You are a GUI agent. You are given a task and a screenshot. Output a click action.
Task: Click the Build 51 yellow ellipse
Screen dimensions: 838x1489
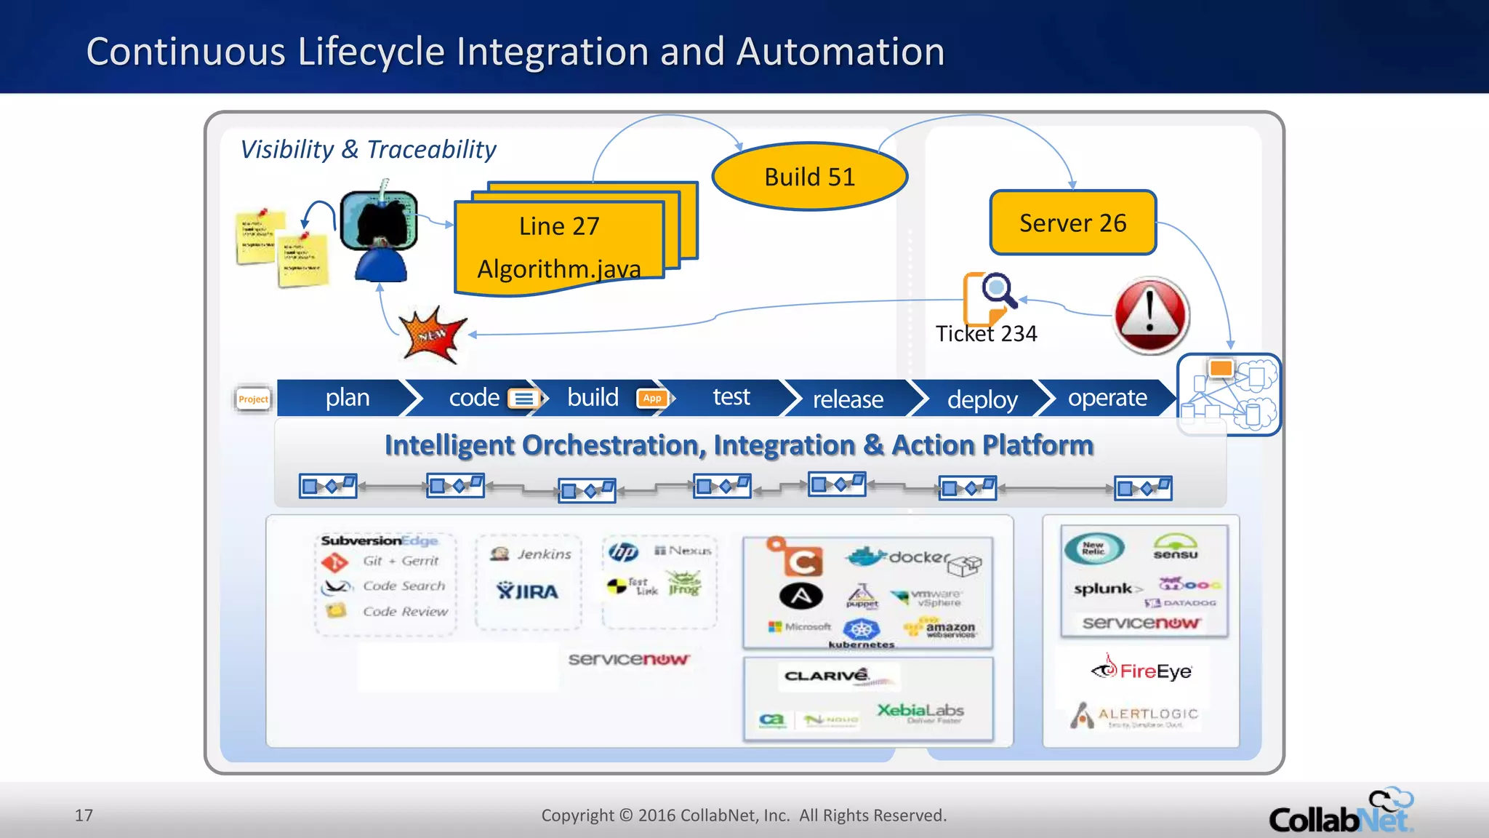point(809,177)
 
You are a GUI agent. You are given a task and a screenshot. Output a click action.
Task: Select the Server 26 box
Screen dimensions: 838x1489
point(1072,223)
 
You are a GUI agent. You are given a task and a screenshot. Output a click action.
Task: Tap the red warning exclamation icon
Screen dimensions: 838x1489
point(1151,315)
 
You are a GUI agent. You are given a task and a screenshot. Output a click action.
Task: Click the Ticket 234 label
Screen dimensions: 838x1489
point(986,334)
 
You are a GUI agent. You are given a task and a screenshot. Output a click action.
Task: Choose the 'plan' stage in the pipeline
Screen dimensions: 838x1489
point(348,398)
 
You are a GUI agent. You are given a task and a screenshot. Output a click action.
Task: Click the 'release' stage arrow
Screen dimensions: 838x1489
point(848,399)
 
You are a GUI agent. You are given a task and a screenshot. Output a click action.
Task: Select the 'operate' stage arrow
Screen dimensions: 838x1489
point(1107,398)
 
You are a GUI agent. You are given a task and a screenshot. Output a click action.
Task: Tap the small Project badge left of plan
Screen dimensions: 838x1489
point(253,399)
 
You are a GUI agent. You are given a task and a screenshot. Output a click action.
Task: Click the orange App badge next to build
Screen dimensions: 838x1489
point(652,398)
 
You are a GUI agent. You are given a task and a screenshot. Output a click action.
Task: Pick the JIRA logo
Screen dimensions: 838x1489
point(528,591)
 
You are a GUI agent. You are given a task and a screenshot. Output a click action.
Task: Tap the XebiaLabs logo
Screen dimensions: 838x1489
point(920,711)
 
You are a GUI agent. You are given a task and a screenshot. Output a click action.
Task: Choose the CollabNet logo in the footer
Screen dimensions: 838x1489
point(1339,813)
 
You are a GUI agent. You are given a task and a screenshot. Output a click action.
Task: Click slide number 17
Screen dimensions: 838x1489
point(84,815)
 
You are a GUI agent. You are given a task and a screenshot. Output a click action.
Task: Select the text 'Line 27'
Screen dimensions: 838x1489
point(559,226)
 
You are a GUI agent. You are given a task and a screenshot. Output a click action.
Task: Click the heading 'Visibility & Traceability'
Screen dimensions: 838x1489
point(368,149)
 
